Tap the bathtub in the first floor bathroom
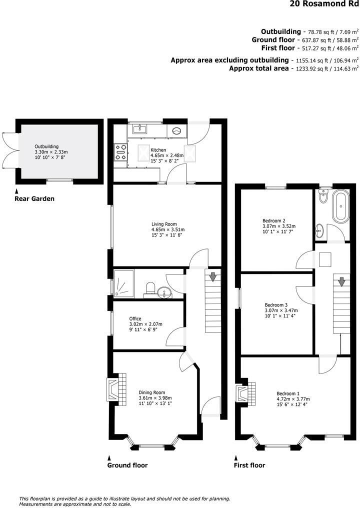[342, 206]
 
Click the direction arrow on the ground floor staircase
[213, 276]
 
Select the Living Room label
[164, 224]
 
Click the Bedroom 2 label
[274, 220]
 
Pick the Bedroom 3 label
[276, 305]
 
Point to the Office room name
[135, 318]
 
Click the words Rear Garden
[34, 198]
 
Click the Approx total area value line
[293, 68]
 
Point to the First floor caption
[249, 465]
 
